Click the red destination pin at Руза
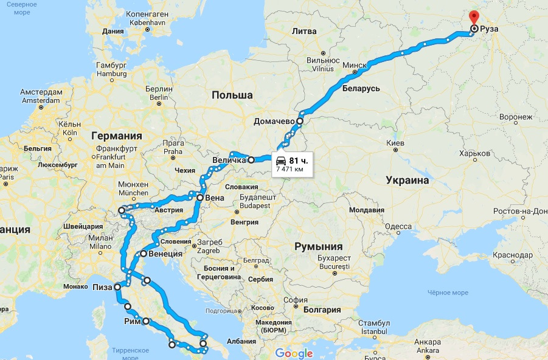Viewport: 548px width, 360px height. coord(474,18)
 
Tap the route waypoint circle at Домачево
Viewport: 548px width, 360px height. coord(299,120)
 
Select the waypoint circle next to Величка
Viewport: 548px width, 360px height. coord(251,161)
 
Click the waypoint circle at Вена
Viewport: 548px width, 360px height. coord(199,198)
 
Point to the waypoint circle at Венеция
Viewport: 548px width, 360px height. coord(144,254)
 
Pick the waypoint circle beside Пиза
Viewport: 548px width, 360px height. coord(117,286)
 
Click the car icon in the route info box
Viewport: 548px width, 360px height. coord(281,161)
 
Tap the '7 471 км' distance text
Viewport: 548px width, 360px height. coord(290,169)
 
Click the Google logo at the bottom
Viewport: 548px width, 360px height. coord(293,353)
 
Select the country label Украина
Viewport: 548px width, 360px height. coord(407,180)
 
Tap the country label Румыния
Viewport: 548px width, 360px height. coord(318,246)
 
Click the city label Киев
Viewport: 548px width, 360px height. coord(395,143)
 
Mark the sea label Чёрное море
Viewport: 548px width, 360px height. coord(448,292)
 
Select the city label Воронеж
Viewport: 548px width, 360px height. coord(515,117)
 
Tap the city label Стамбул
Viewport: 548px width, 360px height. coord(373,322)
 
